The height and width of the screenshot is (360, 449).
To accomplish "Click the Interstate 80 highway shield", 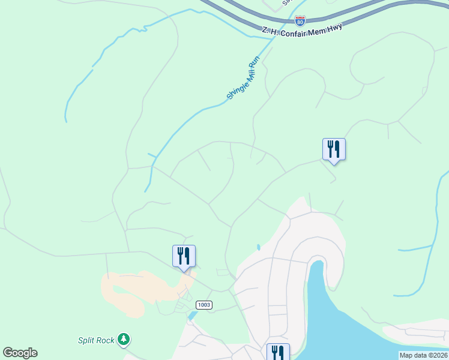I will tap(300, 21).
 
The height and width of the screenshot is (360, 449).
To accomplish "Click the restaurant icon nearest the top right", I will tap(334, 150).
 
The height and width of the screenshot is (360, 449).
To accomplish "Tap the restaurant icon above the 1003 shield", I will tap(184, 257).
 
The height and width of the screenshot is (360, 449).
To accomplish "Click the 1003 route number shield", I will tap(204, 305).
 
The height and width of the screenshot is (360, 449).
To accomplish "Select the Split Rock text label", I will tap(96, 340).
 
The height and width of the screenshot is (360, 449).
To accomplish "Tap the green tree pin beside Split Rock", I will tap(124, 340).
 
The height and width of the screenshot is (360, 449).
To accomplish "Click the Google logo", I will tap(20, 353).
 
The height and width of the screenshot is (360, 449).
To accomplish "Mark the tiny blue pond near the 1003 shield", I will tap(192, 315).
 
